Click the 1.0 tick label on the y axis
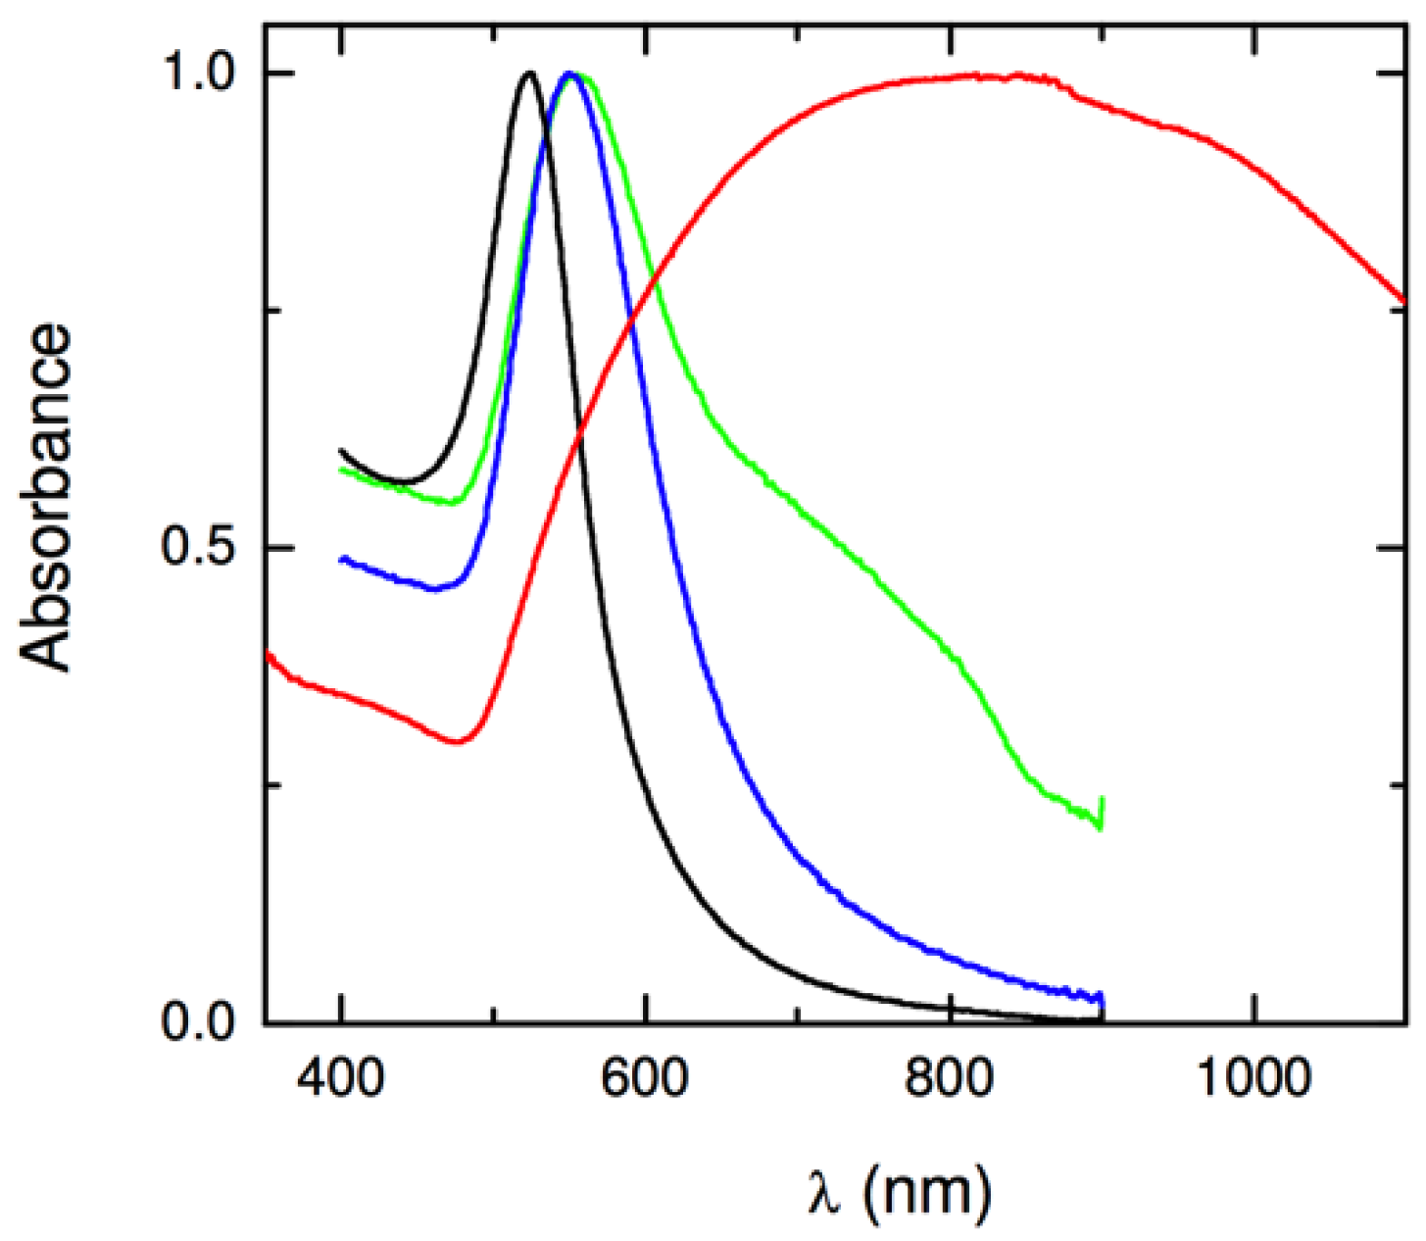click(200, 74)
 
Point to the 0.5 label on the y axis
click(200, 548)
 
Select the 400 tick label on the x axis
click(340, 1078)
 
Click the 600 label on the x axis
click(646, 1078)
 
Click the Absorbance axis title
click(47, 498)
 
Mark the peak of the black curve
click(529, 73)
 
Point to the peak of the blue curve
click(568, 74)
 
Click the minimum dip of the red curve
click(457, 742)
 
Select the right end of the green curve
click(1103, 799)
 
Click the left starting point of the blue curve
click(341, 560)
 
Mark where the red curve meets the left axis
click(267, 653)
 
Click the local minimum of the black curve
click(404, 482)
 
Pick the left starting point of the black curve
click(341, 450)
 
